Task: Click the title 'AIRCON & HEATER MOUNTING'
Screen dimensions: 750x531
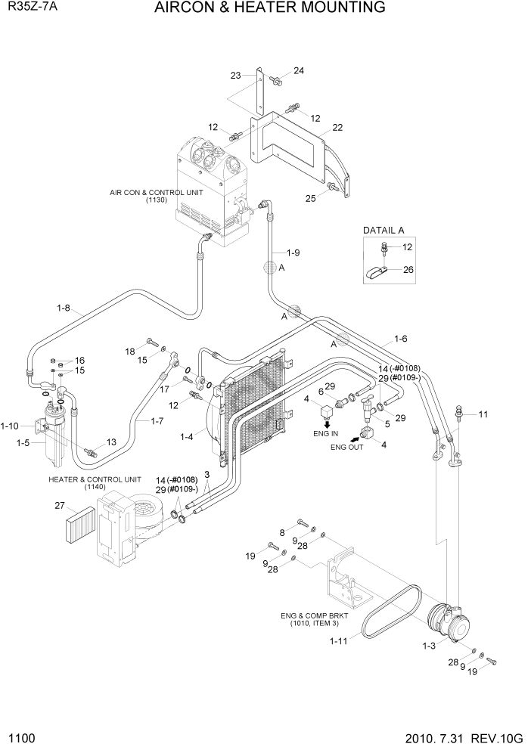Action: (x=270, y=8)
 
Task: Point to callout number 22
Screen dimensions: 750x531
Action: (x=337, y=127)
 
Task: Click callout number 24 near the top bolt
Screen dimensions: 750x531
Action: (x=298, y=70)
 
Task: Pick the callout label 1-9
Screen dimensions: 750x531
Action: (x=292, y=252)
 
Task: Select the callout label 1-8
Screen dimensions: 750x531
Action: (x=64, y=308)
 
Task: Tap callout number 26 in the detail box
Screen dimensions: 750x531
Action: (x=407, y=268)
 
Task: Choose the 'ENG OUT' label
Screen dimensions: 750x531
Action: (x=348, y=447)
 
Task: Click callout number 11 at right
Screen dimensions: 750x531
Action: (x=484, y=414)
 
